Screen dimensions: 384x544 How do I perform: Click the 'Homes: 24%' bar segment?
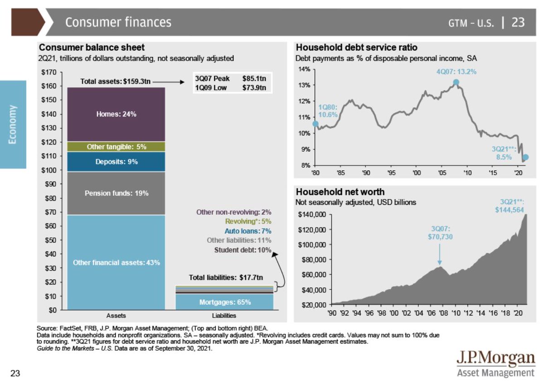click(116, 114)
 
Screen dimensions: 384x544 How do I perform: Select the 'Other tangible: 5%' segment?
click(116, 147)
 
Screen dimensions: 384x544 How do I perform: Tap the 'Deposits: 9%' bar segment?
click(116, 162)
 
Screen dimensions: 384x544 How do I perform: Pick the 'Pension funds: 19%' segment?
click(116, 193)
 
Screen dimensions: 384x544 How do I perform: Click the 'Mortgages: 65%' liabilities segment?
click(225, 302)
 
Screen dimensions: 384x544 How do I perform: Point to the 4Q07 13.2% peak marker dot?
click(456, 82)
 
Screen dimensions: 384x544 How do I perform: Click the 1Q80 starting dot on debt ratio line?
click(316, 124)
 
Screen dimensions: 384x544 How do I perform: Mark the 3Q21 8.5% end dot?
click(525, 157)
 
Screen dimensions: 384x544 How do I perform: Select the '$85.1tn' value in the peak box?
click(254, 78)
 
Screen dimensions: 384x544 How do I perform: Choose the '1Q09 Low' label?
click(210, 87)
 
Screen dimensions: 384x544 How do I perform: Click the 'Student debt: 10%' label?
click(243, 250)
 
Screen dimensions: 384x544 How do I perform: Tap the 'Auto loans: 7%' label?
click(248, 231)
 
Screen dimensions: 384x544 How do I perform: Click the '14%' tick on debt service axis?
click(303, 69)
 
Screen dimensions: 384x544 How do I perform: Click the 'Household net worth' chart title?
click(340, 192)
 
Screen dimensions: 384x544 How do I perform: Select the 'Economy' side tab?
click(13, 125)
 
